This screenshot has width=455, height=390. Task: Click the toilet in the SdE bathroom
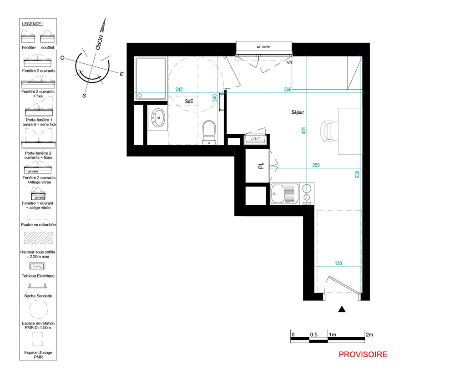(209, 132)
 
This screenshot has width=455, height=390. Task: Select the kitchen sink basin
(278, 193)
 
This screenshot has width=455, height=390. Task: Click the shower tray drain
(140, 95)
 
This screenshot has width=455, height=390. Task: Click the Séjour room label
(298, 112)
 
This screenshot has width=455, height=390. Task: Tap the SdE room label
(189, 101)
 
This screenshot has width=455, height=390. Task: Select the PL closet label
(261, 166)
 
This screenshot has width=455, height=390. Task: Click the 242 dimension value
(179, 89)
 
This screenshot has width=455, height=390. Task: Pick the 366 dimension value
(288, 89)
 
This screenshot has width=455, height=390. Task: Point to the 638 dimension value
(357, 174)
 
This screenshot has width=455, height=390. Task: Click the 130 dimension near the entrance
(339, 263)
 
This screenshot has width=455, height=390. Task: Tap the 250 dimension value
(316, 165)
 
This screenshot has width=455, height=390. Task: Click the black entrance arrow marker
(342, 309)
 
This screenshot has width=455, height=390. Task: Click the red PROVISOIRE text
(363, 355)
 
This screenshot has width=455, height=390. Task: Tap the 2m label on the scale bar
(369, 334)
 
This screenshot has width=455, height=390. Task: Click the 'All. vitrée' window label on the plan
(263, 47)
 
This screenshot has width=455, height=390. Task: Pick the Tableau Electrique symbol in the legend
(37, 266)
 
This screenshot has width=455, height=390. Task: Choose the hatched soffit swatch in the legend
(38, 238)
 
